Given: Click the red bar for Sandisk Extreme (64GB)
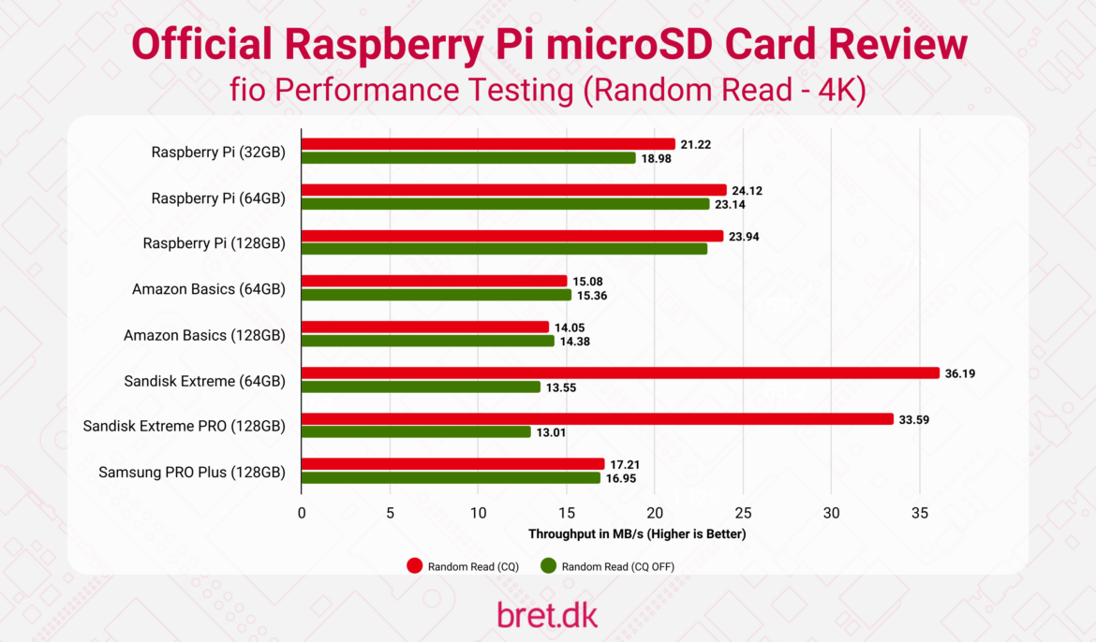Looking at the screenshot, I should [619, 373].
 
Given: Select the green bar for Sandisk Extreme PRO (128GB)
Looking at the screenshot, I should [416, 432].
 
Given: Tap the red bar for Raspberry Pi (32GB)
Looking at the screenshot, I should [487, 144].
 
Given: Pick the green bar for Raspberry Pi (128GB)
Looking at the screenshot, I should [504, 249].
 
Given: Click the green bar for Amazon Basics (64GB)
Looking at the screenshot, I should [436, 295].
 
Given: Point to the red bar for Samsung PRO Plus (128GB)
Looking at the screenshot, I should [452, 464].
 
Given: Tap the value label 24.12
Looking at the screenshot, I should [747, 191].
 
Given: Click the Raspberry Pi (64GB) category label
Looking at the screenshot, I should [218, 197].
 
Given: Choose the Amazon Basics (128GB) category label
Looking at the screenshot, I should [204, 335].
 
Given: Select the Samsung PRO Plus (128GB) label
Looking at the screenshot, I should [192, 473].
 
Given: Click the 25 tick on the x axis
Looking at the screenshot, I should [743, 513].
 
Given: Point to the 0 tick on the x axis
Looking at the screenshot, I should [301, 513].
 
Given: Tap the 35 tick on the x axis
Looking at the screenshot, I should [920, 513].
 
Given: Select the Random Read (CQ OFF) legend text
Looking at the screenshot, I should [617, 566].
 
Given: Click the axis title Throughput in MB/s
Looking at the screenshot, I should [637, 534].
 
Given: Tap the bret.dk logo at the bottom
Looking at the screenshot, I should [547, 614].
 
